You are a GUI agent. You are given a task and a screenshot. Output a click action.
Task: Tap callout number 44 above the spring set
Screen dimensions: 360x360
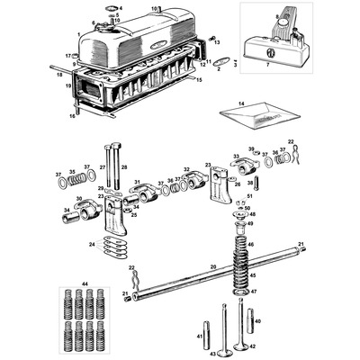[85, 283]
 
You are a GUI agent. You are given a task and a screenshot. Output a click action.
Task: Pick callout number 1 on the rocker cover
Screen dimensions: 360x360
[80, 33]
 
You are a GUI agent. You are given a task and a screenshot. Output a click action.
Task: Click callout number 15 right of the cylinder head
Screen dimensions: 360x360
[199, 80]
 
